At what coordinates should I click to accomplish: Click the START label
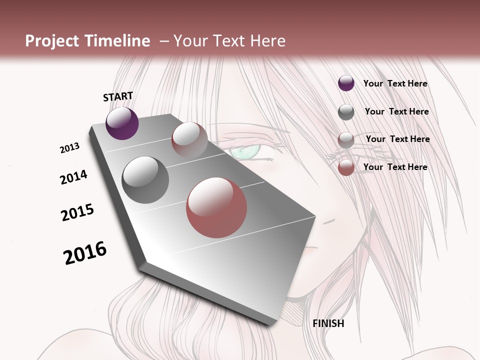click(118, 96)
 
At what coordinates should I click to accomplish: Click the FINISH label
click(328, 323)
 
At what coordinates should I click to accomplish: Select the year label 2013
click(69, 148)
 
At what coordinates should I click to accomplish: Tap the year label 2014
click(73, 177)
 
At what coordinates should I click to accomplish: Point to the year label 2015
click(77, 212)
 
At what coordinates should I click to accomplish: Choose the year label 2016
click(85, 253)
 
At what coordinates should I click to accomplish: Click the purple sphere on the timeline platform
click(122, 123)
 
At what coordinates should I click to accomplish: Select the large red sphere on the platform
click(216, 207)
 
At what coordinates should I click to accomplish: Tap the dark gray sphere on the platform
click(145, 179)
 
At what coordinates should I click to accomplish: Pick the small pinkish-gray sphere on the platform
click(189, 139)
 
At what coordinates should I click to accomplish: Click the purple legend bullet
click(346, 83)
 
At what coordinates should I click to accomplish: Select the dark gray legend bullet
click(346, 112)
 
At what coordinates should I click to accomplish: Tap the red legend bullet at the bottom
click(346, 167)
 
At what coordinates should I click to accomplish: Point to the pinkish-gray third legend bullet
click(346, 139)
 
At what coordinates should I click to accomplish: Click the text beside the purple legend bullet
click(395, 83)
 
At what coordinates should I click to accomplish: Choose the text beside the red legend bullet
click(395, 167)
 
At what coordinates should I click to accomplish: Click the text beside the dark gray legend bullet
click(396, 111)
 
